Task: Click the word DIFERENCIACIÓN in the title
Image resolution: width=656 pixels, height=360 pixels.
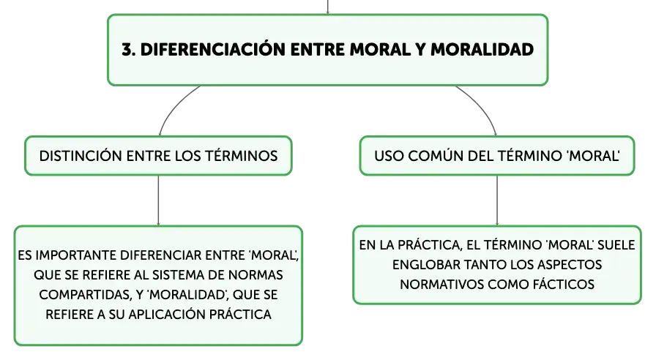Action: pyautogui.click(x=213, y=49)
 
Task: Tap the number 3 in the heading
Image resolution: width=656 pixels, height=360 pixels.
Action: pyautogui.click(x=126, y=50)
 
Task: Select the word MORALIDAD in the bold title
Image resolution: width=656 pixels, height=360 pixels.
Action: pyautogui.click(x=482, y=50)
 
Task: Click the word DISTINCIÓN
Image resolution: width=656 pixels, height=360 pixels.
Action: pyautogui.click(x=81, y=156)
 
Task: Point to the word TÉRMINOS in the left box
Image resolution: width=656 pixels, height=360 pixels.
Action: pyautogui.click(x=241, y=156)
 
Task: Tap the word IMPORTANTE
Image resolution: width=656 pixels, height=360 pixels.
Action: pyautogui.click(x=77, y=255)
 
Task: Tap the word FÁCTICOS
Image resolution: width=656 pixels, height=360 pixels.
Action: pyautogui.click(x=564, y=285)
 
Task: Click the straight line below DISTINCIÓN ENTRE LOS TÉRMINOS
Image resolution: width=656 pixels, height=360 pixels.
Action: pyautogui.click(x=159, y=200)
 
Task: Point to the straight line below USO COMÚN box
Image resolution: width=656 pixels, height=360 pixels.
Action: pyautogui.click(x=497, y=200)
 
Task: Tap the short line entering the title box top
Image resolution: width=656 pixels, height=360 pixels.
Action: pyautogui.click(x=327, y=7)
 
